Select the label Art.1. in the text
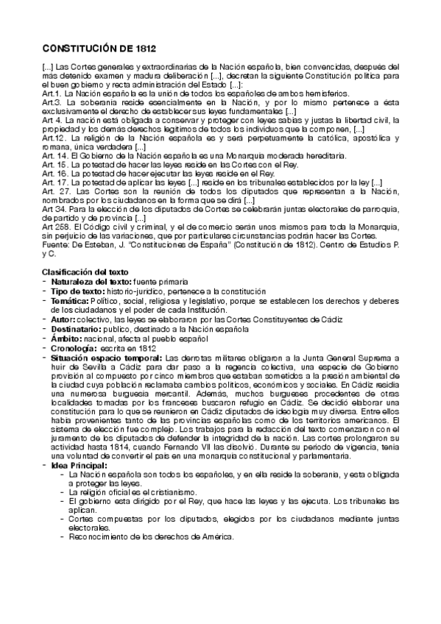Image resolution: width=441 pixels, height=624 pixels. (x=51, y=94)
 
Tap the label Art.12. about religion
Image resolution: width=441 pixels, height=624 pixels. (x=53, y=138)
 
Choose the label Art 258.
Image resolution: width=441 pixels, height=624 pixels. (x=54, y=226)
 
